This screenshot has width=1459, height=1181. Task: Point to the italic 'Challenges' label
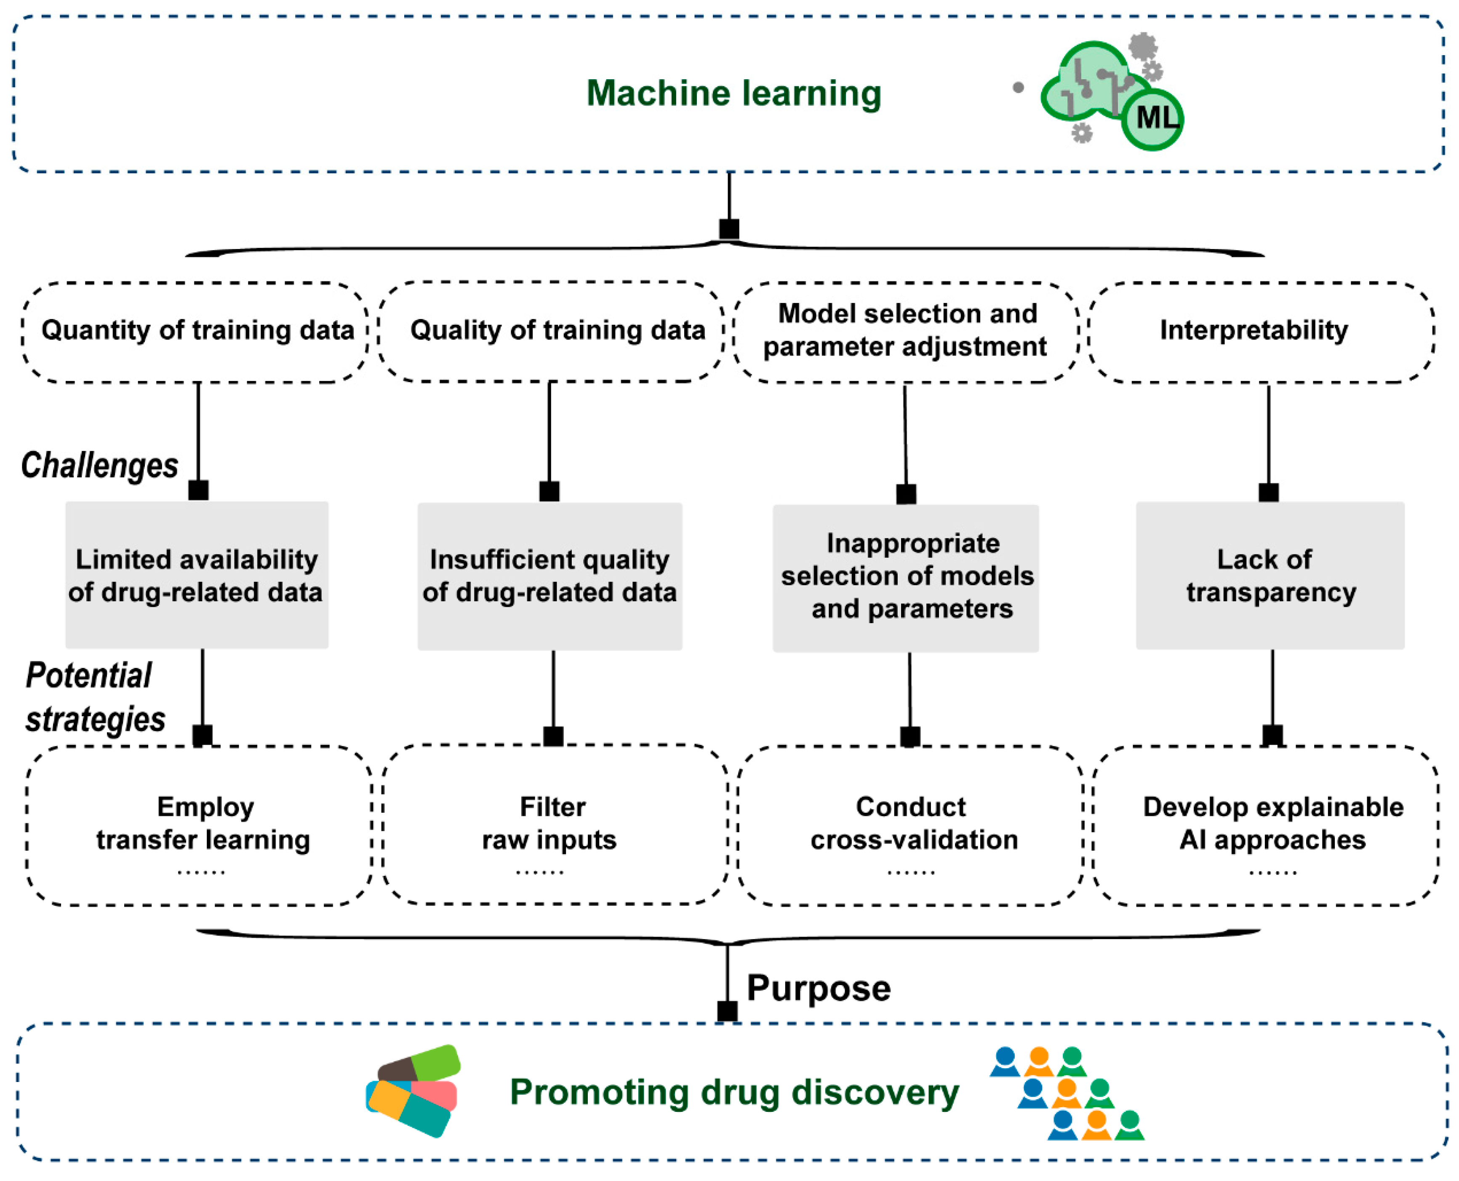pos(99,466)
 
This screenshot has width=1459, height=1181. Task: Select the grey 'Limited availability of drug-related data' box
pos(197,576)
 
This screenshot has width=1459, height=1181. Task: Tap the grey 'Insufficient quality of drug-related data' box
pos(549,577)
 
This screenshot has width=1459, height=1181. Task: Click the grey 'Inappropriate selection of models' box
pos(906,578)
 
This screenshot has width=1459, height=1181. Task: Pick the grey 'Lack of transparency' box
pos(1270,576)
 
